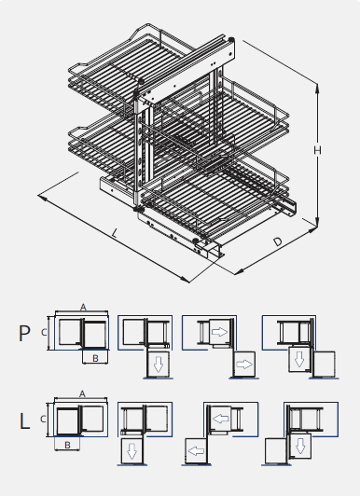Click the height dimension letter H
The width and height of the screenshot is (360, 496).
click(318, 151)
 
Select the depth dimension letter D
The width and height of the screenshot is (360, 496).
click(279, 242)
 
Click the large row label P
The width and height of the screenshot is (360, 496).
click(25, 333)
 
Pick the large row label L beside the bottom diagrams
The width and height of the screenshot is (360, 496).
click(25, 420)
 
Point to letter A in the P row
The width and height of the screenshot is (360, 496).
click(82, 306)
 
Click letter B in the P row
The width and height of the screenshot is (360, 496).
click(95, 357)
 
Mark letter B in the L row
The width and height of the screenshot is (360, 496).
click(66, 445)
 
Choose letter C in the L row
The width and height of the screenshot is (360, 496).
click(47, 420)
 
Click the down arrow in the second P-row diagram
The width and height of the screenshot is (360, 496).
click(159, 364)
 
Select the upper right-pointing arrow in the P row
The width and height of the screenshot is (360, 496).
click(220, 331)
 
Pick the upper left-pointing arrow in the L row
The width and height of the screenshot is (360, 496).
click(222, 420)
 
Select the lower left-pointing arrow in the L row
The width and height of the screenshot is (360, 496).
click(196, 451)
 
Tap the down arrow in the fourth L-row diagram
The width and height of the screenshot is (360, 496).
click(301, 445)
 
